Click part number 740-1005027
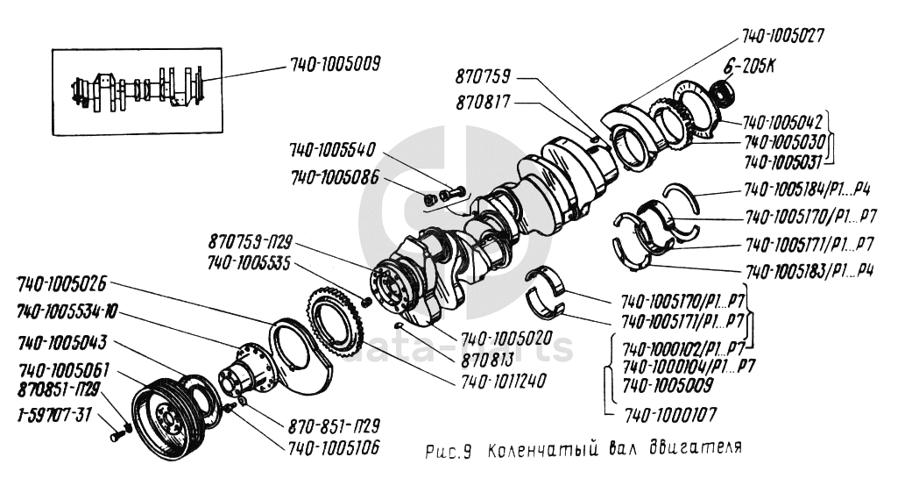tap(783, 37)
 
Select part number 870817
tap(484, 104)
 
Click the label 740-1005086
tap(334, 178)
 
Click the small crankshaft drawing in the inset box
tap(139, 90)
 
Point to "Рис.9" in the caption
tap(449, 452)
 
